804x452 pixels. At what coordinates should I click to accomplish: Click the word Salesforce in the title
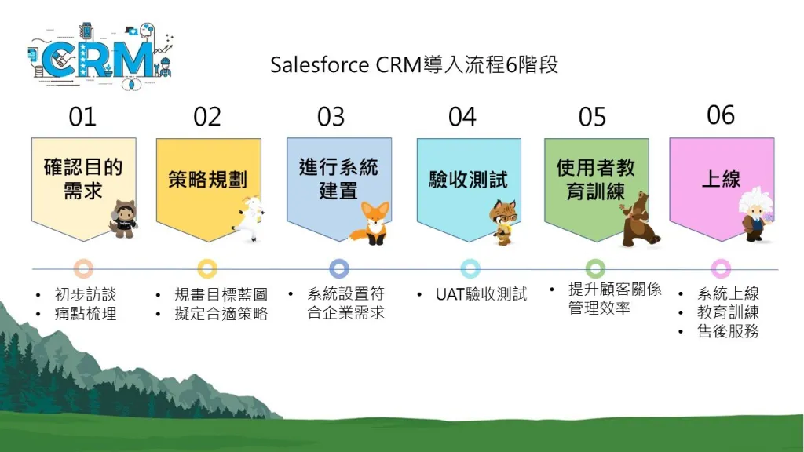click(x=320, y=65)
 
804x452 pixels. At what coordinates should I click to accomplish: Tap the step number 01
click(x=82, y=117)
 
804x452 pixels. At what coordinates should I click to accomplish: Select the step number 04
click(x=462, y=117)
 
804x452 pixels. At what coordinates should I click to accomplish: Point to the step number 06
click(x=721, y=115)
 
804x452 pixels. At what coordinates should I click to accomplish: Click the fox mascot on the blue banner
click(x=371, y=224)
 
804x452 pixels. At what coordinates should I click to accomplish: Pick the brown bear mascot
click(x=639, y=220)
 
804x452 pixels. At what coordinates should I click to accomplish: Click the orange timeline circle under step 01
click(x=83, y=268)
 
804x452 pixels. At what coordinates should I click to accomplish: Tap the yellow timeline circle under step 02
click(x=207, y=268)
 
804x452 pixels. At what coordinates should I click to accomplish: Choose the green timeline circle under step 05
click(x=595, y=268)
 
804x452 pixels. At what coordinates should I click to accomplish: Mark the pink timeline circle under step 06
click(x=721, y=268)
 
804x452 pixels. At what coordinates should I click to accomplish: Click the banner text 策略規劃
click(x=207, y=180)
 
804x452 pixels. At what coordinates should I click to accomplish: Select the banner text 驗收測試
click(x=468, y=180)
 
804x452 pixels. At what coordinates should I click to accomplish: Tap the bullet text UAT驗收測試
click(x=481, y=294)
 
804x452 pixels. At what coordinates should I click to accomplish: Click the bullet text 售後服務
click(x=728, y=331)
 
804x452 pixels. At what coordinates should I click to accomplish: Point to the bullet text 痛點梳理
click(x=85, y=313)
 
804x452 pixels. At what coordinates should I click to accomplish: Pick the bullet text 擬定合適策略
click(x=221, y=313)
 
